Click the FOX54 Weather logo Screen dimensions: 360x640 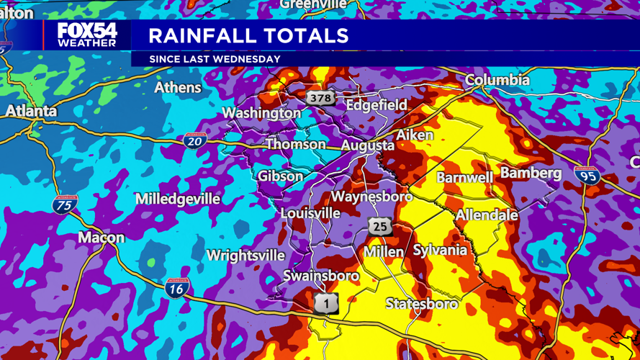tap(87, 35)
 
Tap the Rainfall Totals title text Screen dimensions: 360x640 tap(248, 35)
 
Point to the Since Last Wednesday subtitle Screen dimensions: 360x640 tap(215, 59)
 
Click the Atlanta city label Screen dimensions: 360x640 tap(31, 112)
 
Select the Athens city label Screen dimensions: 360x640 tap(178, 88)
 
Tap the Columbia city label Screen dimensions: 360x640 tap(497, 80)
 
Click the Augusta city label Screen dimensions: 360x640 tap(367, 145)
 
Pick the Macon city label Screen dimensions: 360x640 tap(101, 238)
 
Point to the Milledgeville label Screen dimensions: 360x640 tap(178, 199)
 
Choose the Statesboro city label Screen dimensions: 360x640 tap(421, 304)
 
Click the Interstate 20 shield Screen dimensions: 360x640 tap(194, 141)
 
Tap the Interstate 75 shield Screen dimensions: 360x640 tap(65, 204)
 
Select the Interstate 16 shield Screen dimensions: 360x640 tap(177, 288)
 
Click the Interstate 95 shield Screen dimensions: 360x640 tap(587, 175)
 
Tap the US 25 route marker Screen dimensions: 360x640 tap(379, 227)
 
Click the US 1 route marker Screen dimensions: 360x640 tap(326, 303)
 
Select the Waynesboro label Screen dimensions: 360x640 tap(371, 197)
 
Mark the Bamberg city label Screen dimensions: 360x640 tap(531, 173)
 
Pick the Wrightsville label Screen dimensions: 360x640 tap(245, 256)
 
